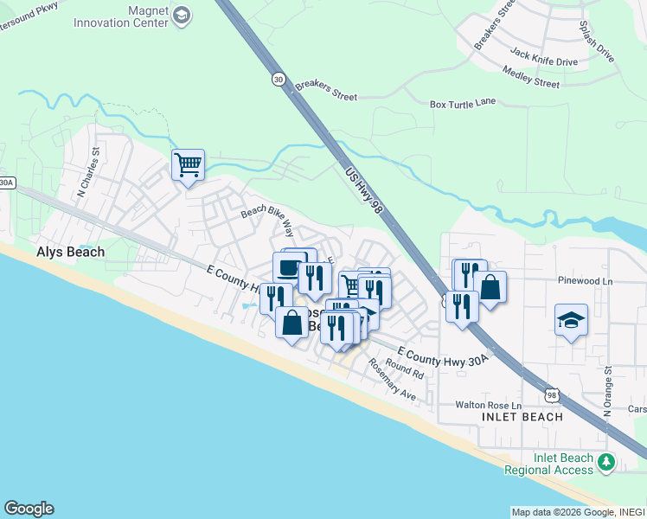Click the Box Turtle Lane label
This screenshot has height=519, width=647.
[463, 103]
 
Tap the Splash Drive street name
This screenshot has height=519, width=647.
[597, 42]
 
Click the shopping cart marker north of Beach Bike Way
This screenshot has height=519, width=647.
[188, 163]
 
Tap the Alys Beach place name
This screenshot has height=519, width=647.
[70, 252]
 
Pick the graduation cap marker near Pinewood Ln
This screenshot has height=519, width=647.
[571, 320]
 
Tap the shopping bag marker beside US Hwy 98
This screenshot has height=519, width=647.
[490, 288]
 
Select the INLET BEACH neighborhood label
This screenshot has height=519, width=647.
[522, 417]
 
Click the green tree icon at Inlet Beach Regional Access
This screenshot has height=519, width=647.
[606, 463]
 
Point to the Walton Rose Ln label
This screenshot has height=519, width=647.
[490, 405]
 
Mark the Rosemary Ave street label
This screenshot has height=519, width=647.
[391, 380]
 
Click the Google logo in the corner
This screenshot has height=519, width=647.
[29, 509]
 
